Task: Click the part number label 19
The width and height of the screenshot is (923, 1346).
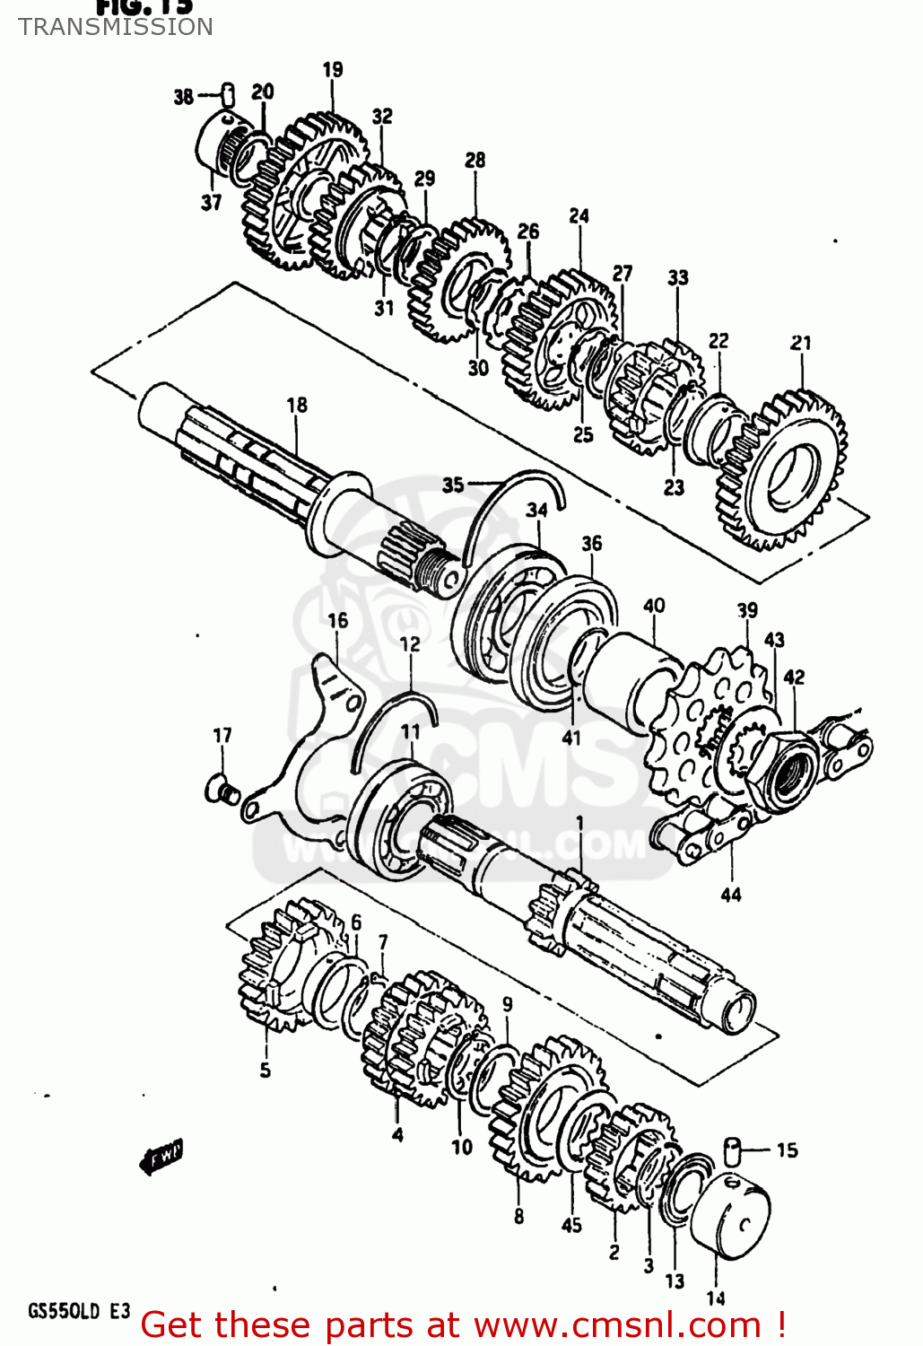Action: (332, 69)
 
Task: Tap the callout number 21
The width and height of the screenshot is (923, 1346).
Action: (800, 342)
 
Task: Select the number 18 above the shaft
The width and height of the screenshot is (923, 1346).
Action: (297, 405)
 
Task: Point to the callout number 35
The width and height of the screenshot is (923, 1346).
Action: (453, 485)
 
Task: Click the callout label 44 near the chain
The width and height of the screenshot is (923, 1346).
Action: (731, 894)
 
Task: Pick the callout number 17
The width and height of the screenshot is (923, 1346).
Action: (222, 735)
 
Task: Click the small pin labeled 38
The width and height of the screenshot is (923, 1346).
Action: (228, 92)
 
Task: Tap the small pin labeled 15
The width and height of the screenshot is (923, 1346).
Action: (733, 1149)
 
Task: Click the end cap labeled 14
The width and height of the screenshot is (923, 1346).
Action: (731, 1216)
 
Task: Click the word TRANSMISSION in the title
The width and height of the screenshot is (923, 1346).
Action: (116, 27)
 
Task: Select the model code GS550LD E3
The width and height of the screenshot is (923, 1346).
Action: (79, 1311)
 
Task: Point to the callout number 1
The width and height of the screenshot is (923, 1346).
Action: (579, 822)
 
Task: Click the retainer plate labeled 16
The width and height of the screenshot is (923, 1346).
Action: (309, 745)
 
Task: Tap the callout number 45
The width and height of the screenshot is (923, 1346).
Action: (571, 1225)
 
